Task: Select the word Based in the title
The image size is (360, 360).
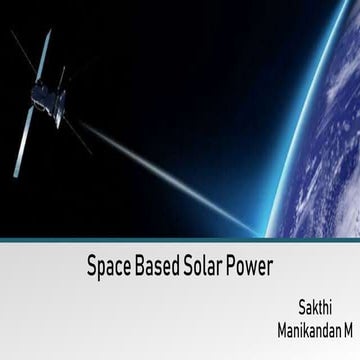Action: pos(156,269)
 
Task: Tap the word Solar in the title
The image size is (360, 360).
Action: pos(204,269)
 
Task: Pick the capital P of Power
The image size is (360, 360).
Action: pos(234,269)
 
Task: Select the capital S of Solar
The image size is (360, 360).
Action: pos(188,269)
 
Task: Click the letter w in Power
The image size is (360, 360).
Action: pos(254,270)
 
